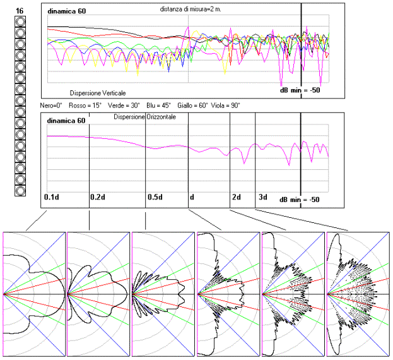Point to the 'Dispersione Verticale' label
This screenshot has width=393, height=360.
tap(98, 92)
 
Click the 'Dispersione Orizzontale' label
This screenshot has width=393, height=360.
tap(144, 117)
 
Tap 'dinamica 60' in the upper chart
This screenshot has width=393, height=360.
tap(66, 11)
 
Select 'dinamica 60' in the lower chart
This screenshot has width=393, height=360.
tap(66, 121)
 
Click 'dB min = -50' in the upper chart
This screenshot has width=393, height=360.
tap(301, 90)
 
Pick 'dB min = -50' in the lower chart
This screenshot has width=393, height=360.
tap(301, 199)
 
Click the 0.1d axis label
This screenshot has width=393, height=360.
tap(52, 197)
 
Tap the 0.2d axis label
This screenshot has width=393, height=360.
tap(98, 197)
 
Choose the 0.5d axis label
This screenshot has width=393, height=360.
tap(155, 197)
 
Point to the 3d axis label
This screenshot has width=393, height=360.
tap(262, 197)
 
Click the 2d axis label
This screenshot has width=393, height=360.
tap(237, 197)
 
